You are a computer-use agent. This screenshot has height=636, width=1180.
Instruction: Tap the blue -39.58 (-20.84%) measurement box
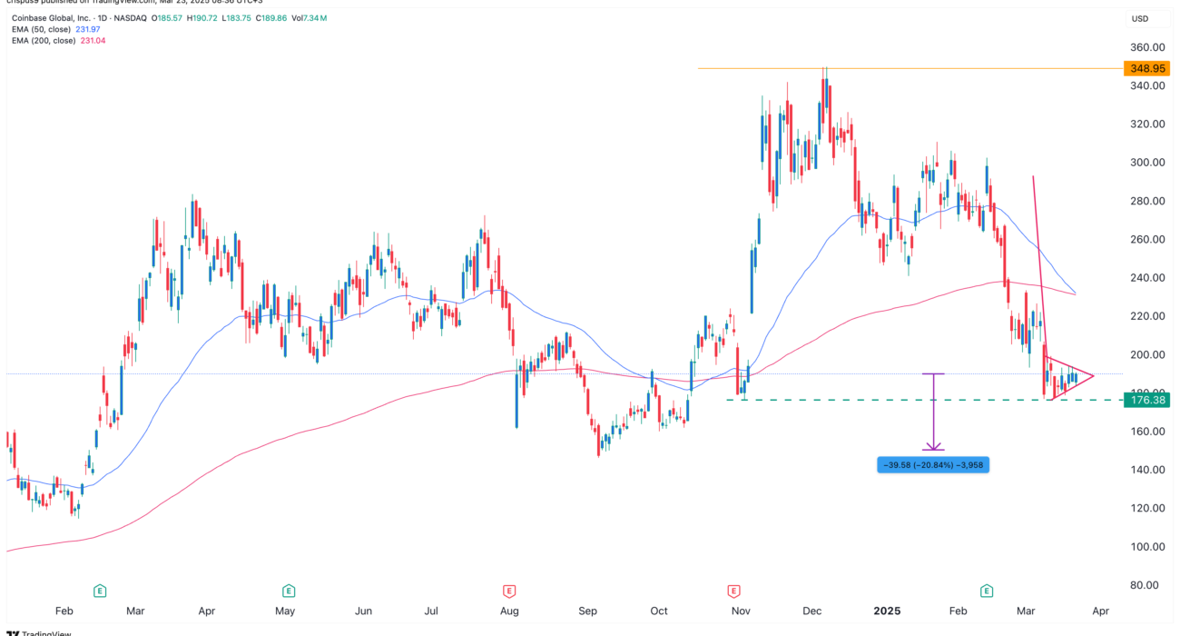932,465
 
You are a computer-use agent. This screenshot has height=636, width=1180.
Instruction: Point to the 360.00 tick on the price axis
1146,47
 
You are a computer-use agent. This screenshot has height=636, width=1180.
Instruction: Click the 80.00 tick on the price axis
1146,585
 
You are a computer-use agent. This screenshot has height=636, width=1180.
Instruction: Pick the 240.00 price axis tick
1146,278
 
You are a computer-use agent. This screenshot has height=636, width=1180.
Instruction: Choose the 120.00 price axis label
1146,509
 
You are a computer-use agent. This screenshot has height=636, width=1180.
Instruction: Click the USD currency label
1139,18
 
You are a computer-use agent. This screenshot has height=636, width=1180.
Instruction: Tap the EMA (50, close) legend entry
54,30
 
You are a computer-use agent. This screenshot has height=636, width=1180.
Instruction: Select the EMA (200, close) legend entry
56,41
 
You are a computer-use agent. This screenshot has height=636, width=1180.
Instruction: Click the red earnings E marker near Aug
509,591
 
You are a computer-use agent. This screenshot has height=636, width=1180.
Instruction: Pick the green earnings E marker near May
289,591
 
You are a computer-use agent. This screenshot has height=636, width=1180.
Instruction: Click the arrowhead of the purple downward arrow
933,448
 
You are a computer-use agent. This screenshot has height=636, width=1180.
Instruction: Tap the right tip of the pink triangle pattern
1094,376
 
